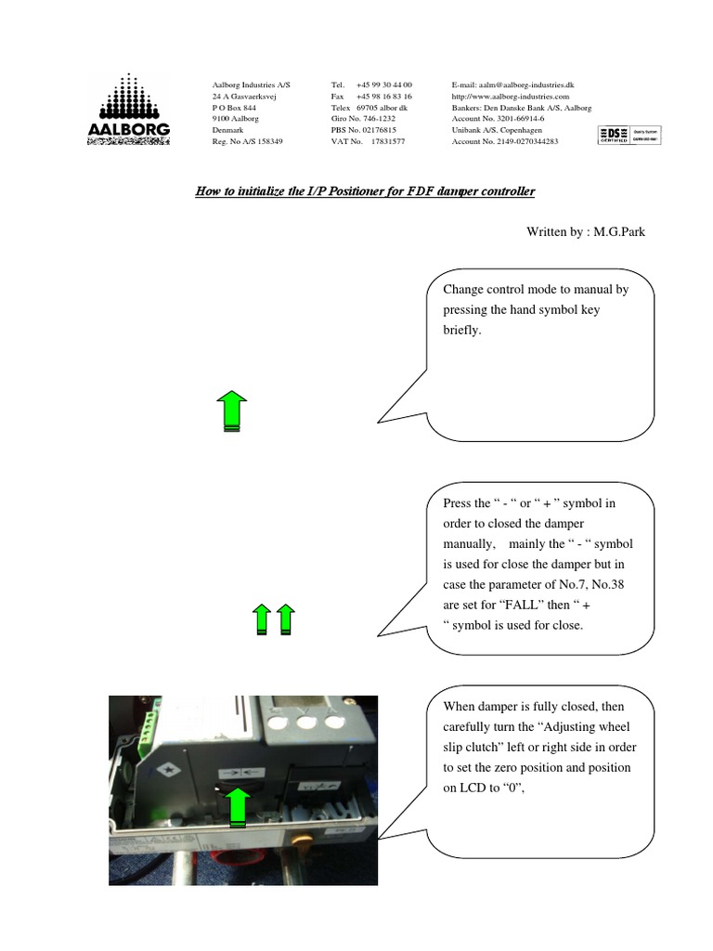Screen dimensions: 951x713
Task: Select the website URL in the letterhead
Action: coord(510,97)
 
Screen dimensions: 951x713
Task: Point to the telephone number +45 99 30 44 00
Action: coord(383,85)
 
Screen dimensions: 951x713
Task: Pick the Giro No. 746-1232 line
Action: coord(363,119)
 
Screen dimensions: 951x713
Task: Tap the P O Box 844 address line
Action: coord(234,108)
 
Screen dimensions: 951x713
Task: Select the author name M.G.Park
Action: coord(619,232)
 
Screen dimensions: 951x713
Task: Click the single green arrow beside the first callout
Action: coord(231,411)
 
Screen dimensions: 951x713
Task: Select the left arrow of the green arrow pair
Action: coord(263,619)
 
